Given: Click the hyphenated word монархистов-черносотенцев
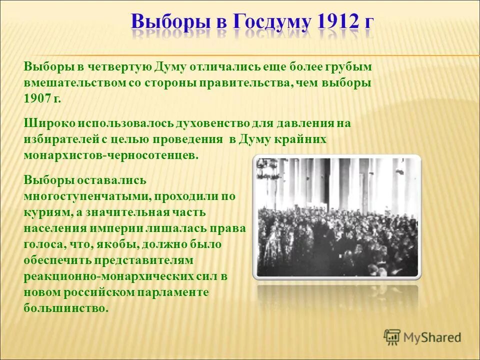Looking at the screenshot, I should [x=111, y=155].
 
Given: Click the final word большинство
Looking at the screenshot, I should [x=65, y=308].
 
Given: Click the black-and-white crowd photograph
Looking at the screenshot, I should [x=337, y=216].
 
